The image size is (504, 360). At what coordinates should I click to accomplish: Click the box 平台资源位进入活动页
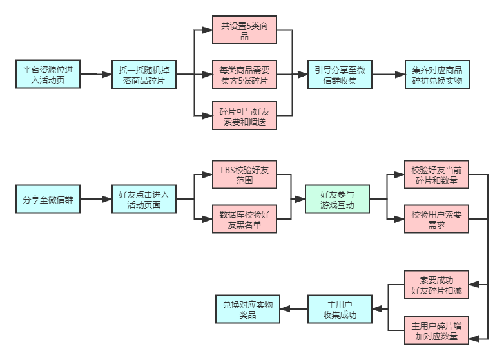coord(48,75)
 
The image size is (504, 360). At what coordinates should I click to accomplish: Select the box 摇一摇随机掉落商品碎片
coord(144,75)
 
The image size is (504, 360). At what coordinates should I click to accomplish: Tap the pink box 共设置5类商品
coord(244,30)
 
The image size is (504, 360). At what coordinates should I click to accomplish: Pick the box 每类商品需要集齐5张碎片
coord(244,75)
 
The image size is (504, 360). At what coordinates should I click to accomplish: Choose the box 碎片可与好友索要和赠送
coord(244,116)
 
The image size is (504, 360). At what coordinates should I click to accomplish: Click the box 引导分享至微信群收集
coord(340,75)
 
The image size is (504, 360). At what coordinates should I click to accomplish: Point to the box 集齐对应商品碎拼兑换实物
coord(437,75)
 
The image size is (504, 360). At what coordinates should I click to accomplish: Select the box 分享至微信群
coord(48,199)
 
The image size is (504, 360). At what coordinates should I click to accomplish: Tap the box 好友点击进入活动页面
coord(144,199)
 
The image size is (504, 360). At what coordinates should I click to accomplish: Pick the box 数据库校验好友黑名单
coord(244,219)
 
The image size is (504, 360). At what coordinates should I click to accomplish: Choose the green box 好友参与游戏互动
coord(337,199)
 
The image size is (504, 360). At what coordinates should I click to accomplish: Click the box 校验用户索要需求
coord(436,219)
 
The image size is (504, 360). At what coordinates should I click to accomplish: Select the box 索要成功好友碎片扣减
coord(436,285)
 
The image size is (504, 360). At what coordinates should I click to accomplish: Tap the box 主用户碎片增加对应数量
coord(436,330)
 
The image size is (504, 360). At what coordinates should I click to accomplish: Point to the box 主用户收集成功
coord(340,309)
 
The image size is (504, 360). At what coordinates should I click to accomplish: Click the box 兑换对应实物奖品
coord(247,309)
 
